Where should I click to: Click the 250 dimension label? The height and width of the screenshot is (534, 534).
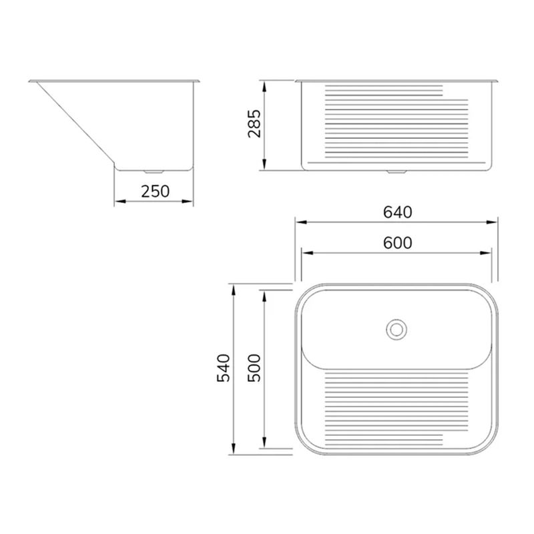(156, 192)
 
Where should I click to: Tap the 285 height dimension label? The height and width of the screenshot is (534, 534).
(254, 123)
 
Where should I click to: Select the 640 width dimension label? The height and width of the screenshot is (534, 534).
(397, 212)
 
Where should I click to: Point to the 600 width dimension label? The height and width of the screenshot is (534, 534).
(397, 243)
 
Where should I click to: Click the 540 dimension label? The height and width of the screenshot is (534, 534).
(224, 368)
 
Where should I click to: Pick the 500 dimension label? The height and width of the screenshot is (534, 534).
(254, 368)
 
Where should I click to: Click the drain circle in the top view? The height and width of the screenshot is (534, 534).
(396, 329)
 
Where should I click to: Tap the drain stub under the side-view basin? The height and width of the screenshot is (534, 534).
(154, 172)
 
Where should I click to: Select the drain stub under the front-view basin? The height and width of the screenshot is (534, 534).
(396, 172)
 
